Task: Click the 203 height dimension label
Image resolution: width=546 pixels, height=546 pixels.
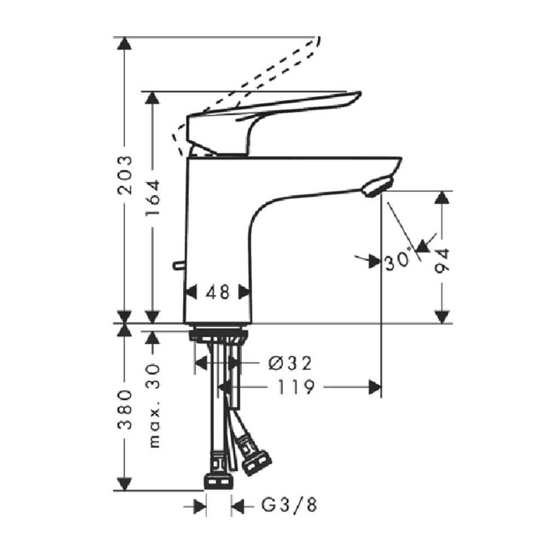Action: tap(126, 175)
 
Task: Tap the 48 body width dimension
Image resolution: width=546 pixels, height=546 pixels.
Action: tap(217, 292)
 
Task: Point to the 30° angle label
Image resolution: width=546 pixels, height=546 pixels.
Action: tap(397, 262)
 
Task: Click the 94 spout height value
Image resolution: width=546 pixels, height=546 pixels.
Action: tap(442, 261)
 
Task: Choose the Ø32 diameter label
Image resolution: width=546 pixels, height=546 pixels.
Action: tap(290, 362)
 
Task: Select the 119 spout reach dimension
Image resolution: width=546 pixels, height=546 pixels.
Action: tap(295, 388)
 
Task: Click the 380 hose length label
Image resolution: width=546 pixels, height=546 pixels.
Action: tap(126, 410)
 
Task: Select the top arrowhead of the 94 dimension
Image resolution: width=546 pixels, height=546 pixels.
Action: tap(442, 197)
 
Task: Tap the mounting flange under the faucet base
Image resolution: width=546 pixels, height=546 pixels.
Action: tap(218, 335)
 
